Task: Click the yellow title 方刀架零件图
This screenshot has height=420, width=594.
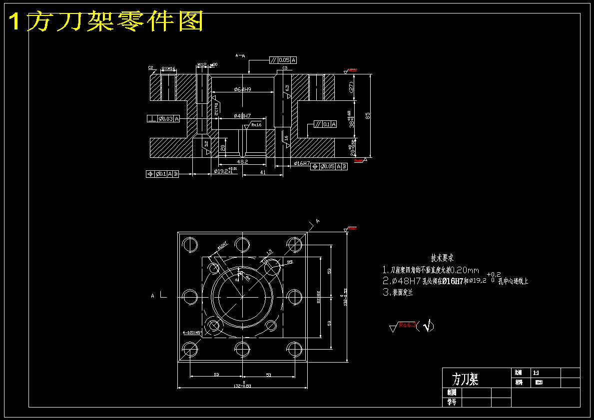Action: coord(106,21)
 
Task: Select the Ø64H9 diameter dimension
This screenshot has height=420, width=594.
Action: coord(242,89)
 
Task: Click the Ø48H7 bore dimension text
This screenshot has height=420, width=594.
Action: coord(242,116)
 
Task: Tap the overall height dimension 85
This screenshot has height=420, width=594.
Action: coord(368,115)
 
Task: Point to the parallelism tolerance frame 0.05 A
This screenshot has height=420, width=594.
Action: coord(283,60)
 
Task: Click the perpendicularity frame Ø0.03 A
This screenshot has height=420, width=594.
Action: coord(164,118)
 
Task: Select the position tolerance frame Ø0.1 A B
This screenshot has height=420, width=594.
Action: coord(162,174)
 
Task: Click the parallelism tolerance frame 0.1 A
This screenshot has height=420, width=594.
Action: coord(325,124)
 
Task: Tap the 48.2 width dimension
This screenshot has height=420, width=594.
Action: coord(242,162)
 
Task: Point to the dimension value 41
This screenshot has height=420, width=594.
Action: coord(263,172)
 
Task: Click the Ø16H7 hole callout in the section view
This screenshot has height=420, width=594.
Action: coord(302,163)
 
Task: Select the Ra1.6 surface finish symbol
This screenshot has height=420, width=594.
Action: coord(256,125)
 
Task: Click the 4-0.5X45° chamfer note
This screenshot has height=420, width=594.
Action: coord(192,332)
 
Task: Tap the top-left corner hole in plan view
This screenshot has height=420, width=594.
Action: coord(190,245)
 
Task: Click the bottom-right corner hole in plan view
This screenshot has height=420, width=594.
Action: coord(294,348)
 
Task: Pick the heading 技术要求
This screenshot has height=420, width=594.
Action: coord(442,258)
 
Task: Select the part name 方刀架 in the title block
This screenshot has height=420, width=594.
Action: coord(465,379)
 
